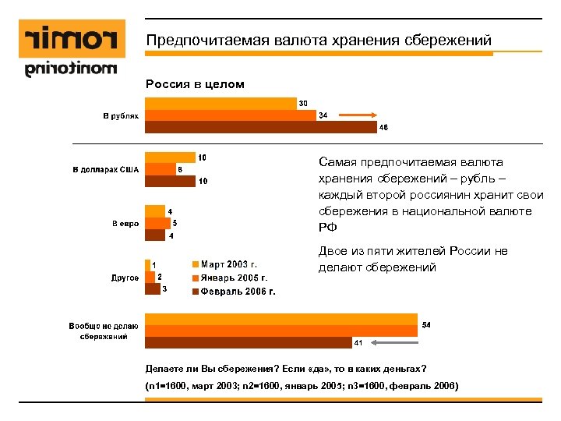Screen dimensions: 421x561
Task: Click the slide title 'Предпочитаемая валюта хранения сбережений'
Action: [319, 40]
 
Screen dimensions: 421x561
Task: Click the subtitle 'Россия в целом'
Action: [194, 84]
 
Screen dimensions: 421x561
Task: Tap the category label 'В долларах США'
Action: [106, 169]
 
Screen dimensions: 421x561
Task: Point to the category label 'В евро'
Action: [125, 224]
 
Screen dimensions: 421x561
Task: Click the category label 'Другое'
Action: [125, 278]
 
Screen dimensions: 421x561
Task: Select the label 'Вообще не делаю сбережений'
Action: [103, 331]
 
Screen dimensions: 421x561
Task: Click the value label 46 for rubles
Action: [383, 128]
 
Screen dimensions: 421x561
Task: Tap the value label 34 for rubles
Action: [323, 116]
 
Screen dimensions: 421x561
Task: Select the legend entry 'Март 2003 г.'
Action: [229, 264]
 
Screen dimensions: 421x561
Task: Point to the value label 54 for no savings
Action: [426, 324]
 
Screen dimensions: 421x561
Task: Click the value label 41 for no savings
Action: [358, 342]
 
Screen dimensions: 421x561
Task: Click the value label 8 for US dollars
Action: [180, 169]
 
